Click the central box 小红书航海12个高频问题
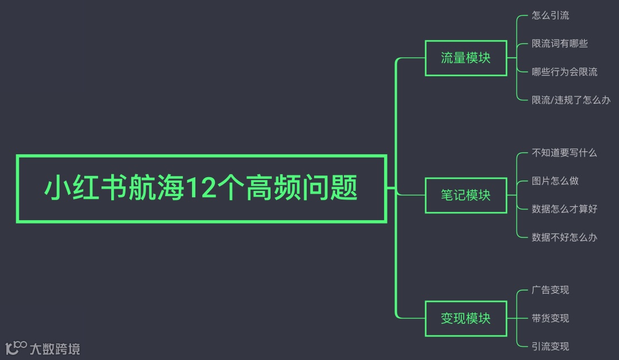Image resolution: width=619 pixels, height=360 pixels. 201,188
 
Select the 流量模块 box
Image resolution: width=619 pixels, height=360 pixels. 465,58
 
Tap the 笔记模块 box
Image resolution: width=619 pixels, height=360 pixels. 465,195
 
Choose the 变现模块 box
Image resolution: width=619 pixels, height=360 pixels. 465,318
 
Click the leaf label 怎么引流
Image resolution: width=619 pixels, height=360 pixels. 550,15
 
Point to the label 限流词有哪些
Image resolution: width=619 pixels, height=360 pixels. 559,44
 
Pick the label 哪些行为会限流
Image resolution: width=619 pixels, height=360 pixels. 564,72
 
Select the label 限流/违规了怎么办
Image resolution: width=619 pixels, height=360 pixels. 571,100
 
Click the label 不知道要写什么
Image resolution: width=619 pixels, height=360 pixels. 564,152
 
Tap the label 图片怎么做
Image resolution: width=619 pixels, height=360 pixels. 555,181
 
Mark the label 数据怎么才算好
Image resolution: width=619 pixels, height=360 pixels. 564,209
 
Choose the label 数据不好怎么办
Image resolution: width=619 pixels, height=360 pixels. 564,237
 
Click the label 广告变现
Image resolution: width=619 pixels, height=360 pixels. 550,290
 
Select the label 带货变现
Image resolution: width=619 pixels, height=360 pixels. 550,318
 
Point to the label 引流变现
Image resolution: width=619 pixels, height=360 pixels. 550,346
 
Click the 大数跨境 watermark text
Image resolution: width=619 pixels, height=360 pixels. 55,348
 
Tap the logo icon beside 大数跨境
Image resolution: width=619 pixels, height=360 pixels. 16,347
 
